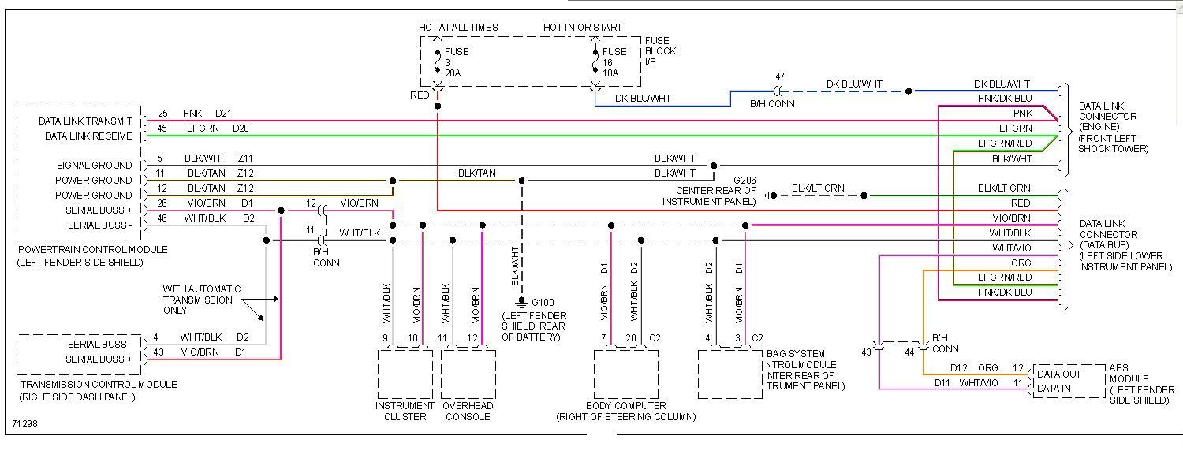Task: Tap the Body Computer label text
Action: pos(625,405)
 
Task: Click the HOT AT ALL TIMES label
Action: pos(458,28)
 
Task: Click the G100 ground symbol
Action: pos(521,303)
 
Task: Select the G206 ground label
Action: pos(744,181)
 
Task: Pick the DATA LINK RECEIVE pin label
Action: pos(88,136)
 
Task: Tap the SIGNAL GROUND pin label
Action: pos(94,166)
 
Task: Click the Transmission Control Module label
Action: pos(98,385)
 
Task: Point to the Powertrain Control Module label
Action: pos(92,250)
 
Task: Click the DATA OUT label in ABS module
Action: pos(1058,374)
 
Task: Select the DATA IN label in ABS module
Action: pos(1053,388)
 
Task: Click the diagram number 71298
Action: pos(24,424)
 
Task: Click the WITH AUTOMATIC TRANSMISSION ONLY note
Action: pos(202,300)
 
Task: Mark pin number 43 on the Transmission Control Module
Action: pos(159,352)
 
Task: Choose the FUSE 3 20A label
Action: pos(456,62)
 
